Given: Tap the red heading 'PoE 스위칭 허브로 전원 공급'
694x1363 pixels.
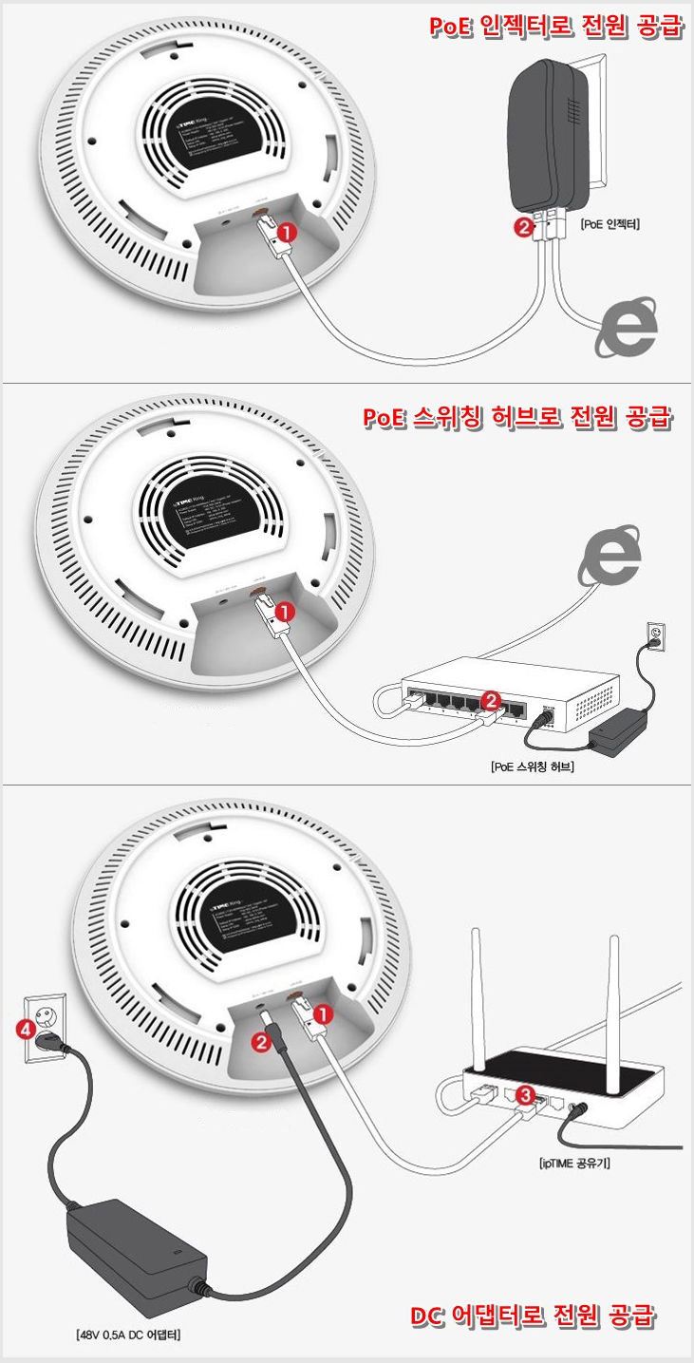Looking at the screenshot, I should coord(518,418).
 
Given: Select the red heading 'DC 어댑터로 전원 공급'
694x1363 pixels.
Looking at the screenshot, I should coord(533,1316).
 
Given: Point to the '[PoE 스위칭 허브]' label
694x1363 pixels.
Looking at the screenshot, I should coord(533,767).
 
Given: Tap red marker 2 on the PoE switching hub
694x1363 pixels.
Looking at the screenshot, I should coord(491,701).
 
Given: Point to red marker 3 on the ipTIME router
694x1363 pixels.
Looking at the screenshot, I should coord(523,1093).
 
